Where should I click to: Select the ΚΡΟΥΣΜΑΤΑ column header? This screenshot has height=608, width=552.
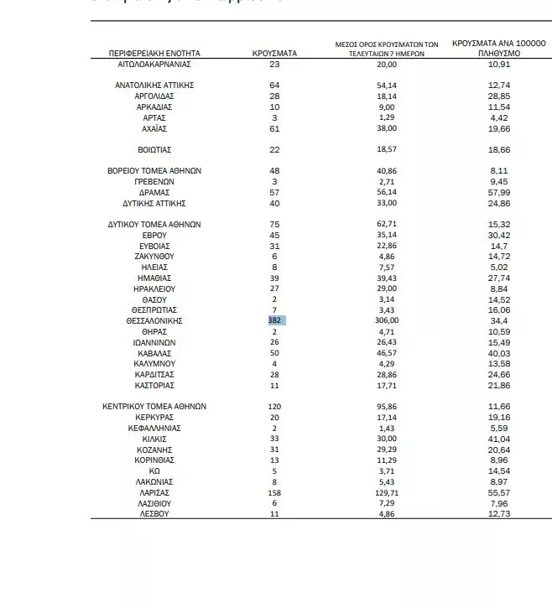[x=274, y=53]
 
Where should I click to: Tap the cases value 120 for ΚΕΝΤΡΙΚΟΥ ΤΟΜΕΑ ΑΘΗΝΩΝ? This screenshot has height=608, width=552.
[x=274, y=406]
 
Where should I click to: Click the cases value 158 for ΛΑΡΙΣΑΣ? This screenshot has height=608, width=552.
[x=274, y=492]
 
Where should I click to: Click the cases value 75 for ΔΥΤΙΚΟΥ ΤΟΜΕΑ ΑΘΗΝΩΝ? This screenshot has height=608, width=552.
[x=274, y=224]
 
